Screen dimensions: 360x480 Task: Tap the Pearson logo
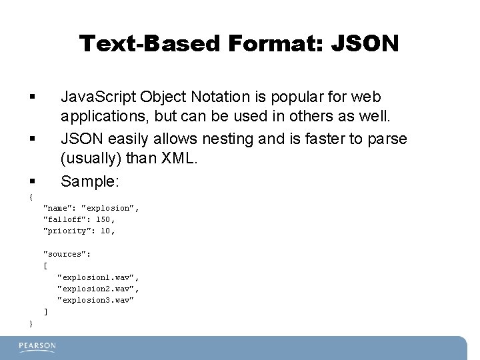point(37,347)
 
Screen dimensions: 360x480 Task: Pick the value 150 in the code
point(103,219)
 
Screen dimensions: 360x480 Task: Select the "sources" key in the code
point(67,254)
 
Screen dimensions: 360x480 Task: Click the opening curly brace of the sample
point(31,197)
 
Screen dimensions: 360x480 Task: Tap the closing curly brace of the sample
point(31,323)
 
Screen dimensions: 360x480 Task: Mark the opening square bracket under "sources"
point(45,265)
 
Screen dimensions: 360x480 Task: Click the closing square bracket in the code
point(45,311)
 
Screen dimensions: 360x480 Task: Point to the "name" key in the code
point(59,208)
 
